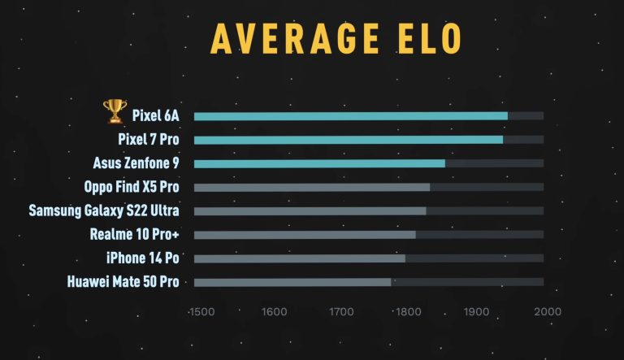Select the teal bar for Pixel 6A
(350, 116)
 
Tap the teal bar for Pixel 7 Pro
(348, 140)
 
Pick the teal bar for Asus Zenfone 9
(319, 163)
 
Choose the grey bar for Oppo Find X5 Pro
(311, 187)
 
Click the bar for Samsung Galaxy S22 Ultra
(310, 211)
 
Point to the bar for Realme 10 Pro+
(305, 235)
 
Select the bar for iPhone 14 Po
(299, 258)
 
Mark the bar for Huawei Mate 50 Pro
(292, 282)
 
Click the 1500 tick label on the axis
(201, 311)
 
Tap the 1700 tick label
(341, 311)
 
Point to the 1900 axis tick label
(478, 311)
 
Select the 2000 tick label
(547, 311)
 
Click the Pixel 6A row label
(155, 116)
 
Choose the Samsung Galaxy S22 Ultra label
(104, 211)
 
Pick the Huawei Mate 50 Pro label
(123, 282)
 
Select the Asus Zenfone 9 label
(136, 163)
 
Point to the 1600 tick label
(274, 311)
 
